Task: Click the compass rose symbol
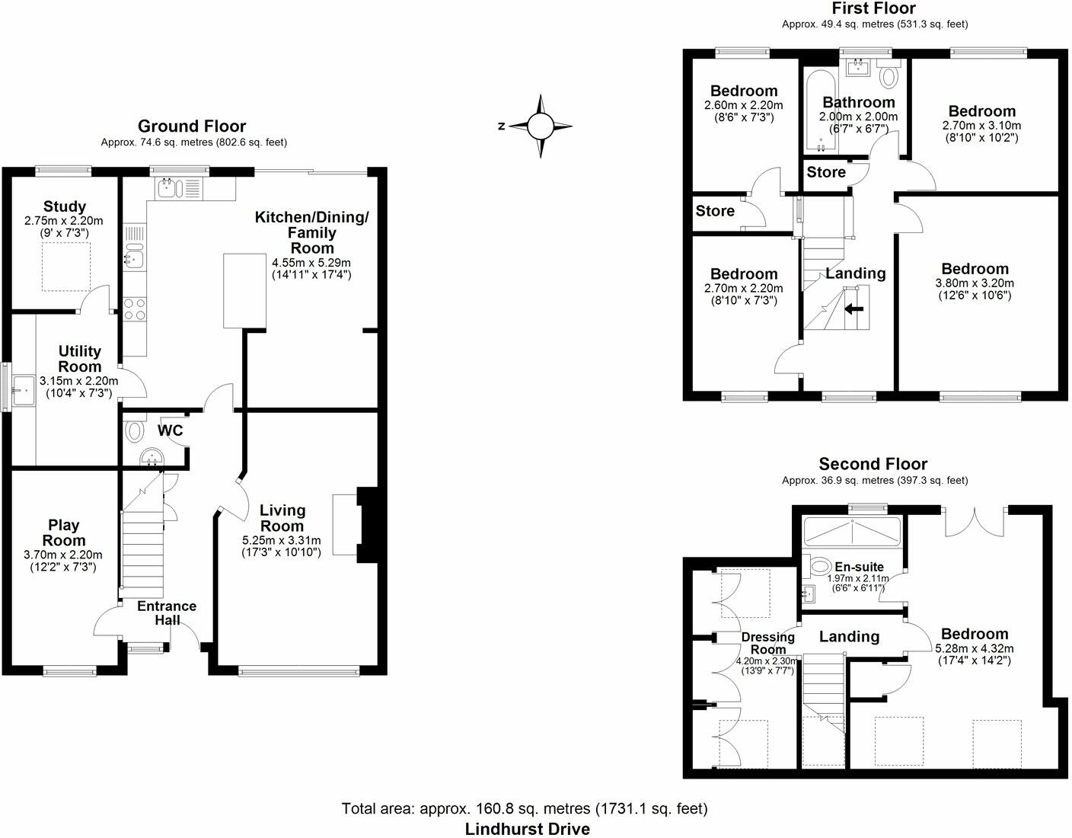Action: click(541, 126)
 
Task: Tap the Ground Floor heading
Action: click(192, 126)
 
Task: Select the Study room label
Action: click(65, 206)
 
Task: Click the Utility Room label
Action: click(80, 359)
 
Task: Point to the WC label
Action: click(170, 430)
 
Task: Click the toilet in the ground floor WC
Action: click(135, 432)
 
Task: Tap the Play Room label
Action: click(64, 533)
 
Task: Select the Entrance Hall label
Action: click(167, 613)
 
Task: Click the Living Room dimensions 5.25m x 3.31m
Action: click(282, 540)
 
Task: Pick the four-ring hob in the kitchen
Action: click(135, 309)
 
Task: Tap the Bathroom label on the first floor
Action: click(859, 102)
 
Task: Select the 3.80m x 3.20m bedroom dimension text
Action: click(975, 283)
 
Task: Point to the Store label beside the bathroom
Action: click(826, 172)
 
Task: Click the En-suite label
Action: click(859, 567)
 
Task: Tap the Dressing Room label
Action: click(768, 643)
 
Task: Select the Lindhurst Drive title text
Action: click(528, 828)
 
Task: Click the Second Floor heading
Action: click(873, 464)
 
